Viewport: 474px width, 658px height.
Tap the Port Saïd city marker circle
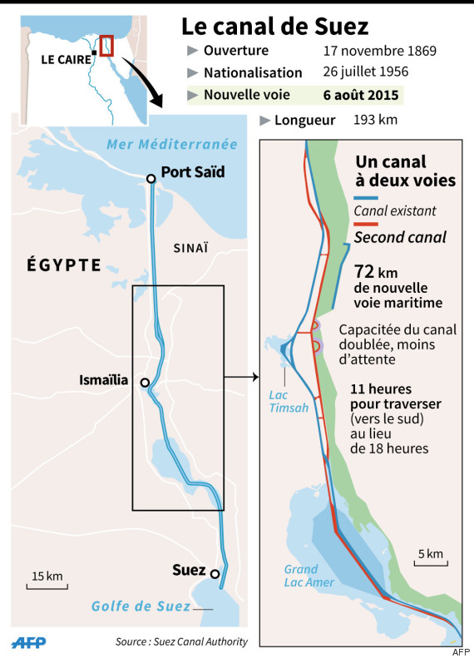[151, 179]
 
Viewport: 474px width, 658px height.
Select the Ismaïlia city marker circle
[145, 383]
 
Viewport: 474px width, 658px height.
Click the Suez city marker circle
[215, 574]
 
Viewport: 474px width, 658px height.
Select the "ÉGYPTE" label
[57, 266]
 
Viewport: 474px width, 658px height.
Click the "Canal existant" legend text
[394, 211]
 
